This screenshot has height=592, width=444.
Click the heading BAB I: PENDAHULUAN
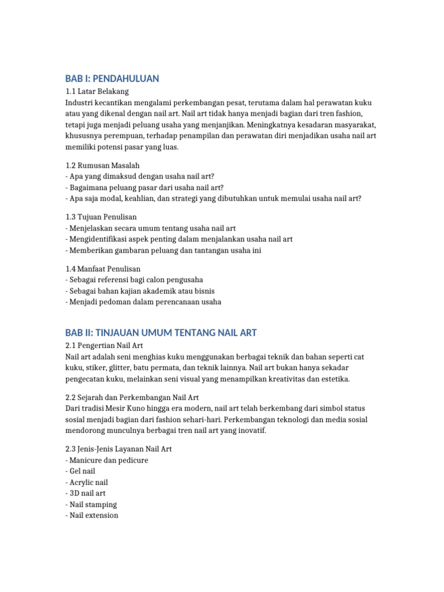pyautogui.click(x=112, y=79)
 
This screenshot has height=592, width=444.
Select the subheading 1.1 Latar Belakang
pyautogui.click(x=97, y=91)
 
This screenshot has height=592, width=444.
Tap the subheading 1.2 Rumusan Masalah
pyautogui.click(x=102, y=165)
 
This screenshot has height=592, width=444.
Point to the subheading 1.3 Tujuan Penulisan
pyautogui.click(x=101, y=217)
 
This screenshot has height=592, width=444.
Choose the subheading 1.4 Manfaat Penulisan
pyautogui.click(x=103, y=269)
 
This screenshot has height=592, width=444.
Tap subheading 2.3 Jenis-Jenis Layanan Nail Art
pyautogui.click(x=119, y=449)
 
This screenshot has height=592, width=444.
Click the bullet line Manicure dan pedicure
pyautogui.click(x=109, y=460)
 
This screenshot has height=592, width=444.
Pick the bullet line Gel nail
pyautogui.click(x=82, y=471)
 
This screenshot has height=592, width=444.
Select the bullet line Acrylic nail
pyautogui.click(x=88, y=482)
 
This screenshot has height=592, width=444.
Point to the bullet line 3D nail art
pyautogui.click(x=87, y=493)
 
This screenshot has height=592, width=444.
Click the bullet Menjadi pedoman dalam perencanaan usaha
pyautogui.click(x=145, y=302)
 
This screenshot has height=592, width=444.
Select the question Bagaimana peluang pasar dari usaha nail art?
pyautogui.click(x=146, y=187)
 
